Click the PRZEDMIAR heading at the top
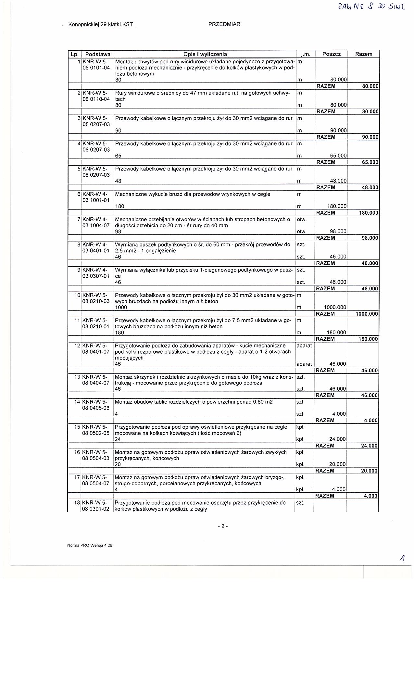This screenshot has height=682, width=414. click(x=224, y=24)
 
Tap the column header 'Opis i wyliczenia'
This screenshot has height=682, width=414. click(x=205, y=54)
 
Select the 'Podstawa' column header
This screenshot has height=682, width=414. click(x=98, y=54)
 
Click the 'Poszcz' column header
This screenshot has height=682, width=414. click(x=331, y=54)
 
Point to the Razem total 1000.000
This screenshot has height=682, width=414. click(x=367, y=314)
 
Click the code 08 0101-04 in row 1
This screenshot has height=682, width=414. click(x=96, y=68)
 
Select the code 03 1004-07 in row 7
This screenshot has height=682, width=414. click(x=96, y=225)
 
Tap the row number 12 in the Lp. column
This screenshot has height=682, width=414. click(x=77, y=346)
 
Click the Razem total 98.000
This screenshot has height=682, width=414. click(x=370, y=238)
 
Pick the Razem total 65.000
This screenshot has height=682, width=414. click(x=370, y=162)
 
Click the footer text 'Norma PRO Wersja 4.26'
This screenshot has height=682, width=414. click(x=90, y=546)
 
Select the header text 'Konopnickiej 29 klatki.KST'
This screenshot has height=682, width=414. click(x=101, y=24)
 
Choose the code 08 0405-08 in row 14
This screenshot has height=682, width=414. click(x=96, y=408)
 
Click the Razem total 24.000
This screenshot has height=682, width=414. click(x=370, y=446)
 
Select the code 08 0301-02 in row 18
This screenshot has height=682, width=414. click(x=96, y=509)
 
